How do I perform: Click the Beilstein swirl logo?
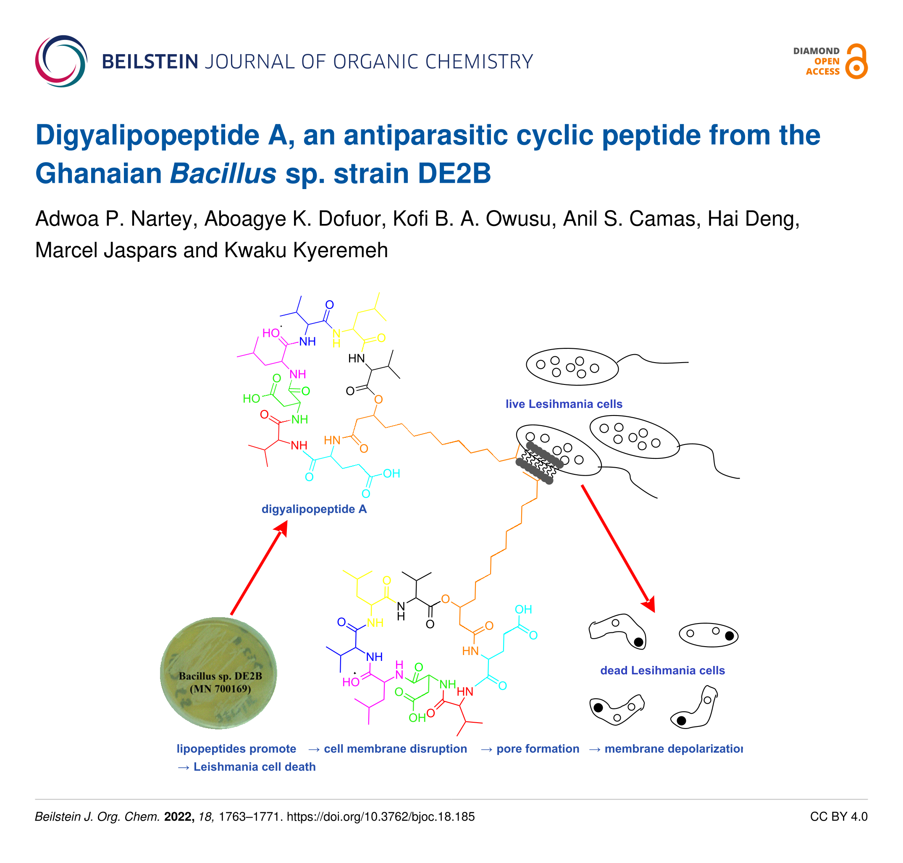pos(61,61)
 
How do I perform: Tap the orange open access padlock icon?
pos(856,61)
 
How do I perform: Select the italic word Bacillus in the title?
pos(223,174)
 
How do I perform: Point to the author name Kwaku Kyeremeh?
pos(306,250)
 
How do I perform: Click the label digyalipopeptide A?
pos(314,509)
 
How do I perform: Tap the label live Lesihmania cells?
pos(564,404)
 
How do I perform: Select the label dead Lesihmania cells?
pos(662,670)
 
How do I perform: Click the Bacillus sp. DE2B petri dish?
pos(218,674)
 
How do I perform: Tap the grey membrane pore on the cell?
pos(539,463)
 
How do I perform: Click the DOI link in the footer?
pos(381,816)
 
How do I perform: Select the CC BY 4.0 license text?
pos(839,816)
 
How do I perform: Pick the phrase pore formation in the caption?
pos(538,748)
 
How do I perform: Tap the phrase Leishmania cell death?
pos(255,767)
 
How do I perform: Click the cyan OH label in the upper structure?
pos(392,474)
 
